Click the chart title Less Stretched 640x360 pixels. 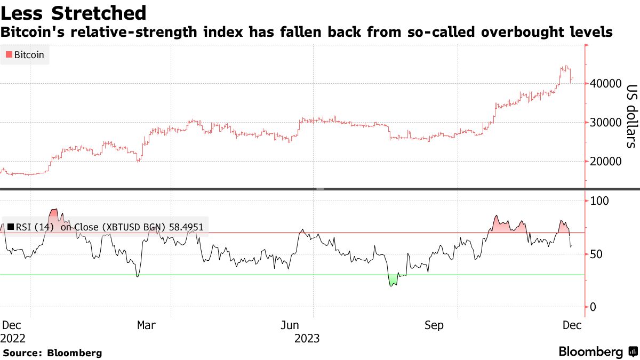(74, 12)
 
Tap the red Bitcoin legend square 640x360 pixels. (9, 54)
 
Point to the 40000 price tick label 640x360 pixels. (606, 84)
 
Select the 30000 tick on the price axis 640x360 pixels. (606, 123)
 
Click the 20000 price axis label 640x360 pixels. (606, 162)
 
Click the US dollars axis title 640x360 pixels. (631, 116)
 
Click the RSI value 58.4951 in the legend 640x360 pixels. (186, 227)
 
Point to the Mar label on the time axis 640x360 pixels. (146, 325)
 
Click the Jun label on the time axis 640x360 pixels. (290, 325)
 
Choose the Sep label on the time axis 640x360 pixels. (434, 325)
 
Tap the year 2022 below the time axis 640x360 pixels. (13, 338)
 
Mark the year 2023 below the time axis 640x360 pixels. (307, 338)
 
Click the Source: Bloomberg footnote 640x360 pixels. (52, 353)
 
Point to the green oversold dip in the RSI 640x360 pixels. (393, 281)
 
